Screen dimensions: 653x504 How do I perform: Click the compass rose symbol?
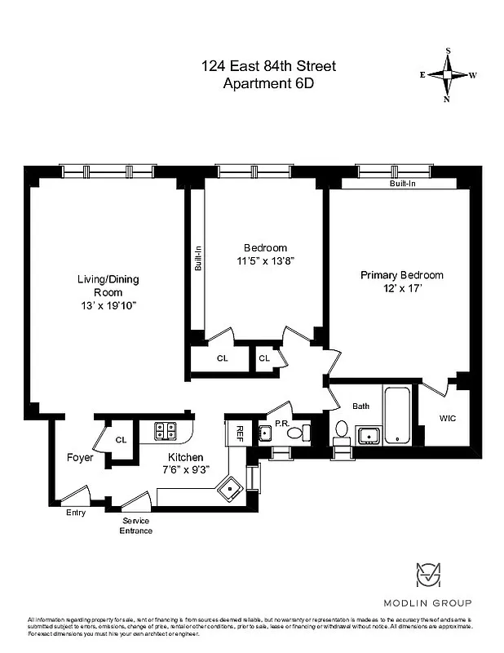coord(448,74)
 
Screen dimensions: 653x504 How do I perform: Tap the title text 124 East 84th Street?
coord(268,66)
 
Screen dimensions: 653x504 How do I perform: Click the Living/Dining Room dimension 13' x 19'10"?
coord(108,305)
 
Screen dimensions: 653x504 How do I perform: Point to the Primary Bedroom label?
coord(402,275)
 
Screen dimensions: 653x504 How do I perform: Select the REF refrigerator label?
coord(241,432)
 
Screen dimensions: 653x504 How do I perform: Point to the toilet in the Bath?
coord(342,429)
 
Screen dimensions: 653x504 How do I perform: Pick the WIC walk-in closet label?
coord(448,418)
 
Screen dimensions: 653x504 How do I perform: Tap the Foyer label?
coord(80,457)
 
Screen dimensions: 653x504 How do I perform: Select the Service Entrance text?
coord(136,526)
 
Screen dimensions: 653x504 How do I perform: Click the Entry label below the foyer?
coord(75,513)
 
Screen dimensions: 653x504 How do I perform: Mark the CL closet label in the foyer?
coord(121,440)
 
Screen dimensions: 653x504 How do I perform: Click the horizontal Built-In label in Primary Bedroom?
coord(401,184)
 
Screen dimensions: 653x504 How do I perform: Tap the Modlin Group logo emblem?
coord(428,575)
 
